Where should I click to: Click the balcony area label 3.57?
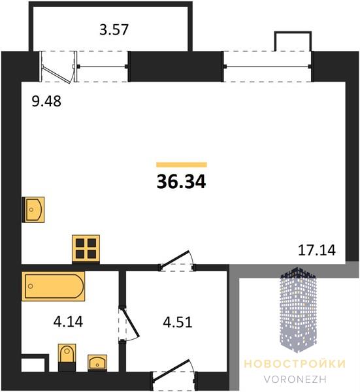pos(114,29)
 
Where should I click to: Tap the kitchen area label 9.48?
pos(46,101)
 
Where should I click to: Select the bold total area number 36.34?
pos(181,182)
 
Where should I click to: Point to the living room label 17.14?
pos(317,250)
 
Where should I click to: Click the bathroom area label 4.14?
pos(68,321)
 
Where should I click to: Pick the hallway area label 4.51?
pos(178,322)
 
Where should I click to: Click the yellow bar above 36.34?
pos(182,165)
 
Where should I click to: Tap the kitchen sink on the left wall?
pos(33,210)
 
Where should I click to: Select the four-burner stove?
pos(86,248)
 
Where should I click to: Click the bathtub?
pos(54,286)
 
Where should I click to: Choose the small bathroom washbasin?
pos(97,362)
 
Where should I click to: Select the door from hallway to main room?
pos(177,261)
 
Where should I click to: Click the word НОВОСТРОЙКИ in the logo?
pos(295,364)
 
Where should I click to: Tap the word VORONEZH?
pos(295,379)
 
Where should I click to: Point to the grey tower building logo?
pos(298,310)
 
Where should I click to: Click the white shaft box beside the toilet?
pos(33,365)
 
